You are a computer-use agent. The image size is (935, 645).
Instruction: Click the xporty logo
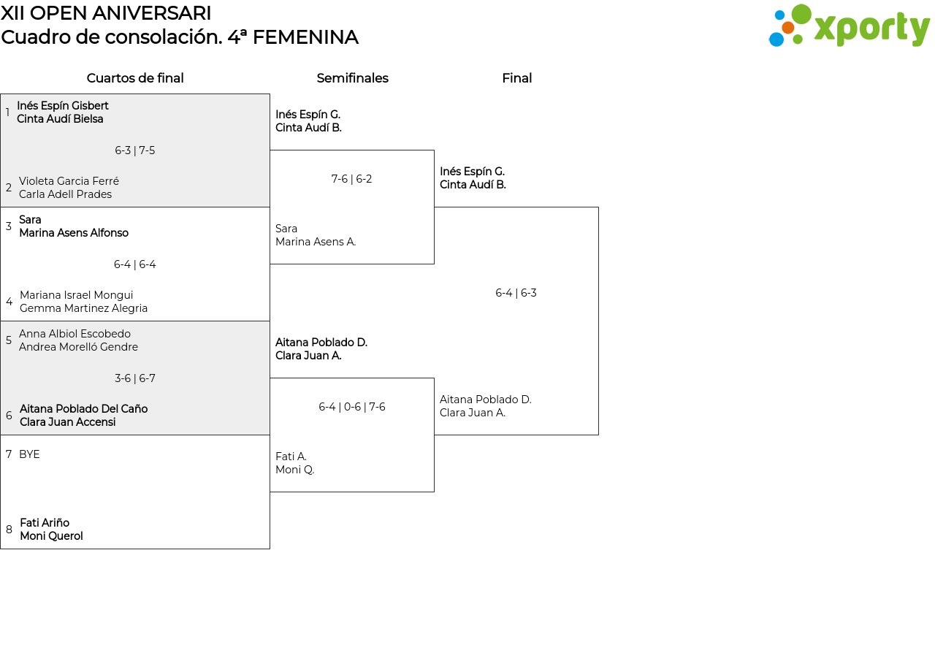pos(849,26)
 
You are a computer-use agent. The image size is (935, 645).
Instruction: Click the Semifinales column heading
pos(352,78)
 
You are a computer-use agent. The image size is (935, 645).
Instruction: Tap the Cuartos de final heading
pos(135,78)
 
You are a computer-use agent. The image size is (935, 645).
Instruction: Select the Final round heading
pos(516,78)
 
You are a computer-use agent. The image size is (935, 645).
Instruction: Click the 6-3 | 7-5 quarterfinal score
pos(135,150)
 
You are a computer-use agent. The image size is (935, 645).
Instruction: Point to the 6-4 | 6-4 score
pos(135,264)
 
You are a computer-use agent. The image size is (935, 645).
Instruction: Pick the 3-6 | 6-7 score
pos(135,378)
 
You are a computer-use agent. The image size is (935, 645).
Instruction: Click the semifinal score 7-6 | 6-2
pos(351,179)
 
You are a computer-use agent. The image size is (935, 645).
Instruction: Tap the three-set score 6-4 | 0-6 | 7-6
pos(352,407)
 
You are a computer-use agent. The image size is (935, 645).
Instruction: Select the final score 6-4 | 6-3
pos(516,293)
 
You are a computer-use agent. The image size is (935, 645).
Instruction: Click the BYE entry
pos(29,454)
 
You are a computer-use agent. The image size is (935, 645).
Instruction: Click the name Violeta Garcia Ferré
pos(69,181)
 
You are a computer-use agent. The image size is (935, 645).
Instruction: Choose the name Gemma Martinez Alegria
pos(83,308)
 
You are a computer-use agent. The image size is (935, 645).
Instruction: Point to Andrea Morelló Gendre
pos(78,347)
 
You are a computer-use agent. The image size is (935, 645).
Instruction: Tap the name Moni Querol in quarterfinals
pos(51,536)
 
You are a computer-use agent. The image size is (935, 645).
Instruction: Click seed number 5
pos(9,340)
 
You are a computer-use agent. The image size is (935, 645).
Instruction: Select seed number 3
pos(9,226)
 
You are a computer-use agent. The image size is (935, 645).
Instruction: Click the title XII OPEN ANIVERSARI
pos(106,13)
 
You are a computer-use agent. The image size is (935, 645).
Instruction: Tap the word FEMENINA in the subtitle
pos(305,37)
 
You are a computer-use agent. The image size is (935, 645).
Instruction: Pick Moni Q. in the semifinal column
pos(294,470)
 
